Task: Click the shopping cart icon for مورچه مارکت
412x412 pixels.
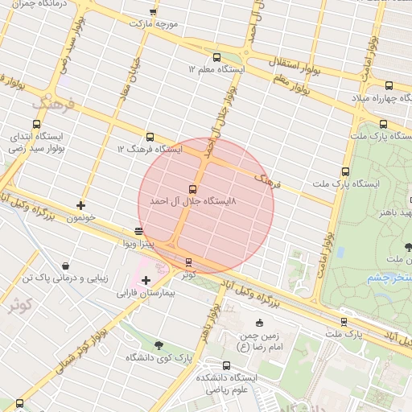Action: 154,12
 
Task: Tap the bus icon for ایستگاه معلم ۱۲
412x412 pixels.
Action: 216,57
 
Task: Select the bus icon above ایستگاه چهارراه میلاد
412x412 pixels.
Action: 389,85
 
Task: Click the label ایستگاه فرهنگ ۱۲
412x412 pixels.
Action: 150,150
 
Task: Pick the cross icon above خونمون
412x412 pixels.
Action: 80,205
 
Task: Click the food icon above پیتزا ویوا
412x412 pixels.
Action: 139,231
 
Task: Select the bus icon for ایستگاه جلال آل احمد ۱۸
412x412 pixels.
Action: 192,190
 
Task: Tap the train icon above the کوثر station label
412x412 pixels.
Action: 188,262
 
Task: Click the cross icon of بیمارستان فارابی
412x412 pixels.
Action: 146,280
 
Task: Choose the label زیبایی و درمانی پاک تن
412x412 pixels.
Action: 64,278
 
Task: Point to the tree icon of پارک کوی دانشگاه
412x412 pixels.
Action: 158,345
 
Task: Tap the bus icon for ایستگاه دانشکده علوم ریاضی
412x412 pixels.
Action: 204,364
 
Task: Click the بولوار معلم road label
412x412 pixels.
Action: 291,80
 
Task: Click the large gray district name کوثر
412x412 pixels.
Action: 19,303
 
